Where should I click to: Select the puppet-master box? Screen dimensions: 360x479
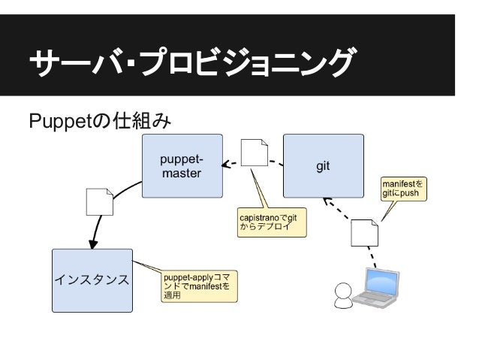[182, 167]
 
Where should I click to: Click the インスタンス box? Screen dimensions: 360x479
[92, 280]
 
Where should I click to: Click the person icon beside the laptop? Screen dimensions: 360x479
[342, 295]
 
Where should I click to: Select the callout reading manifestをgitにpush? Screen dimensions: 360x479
[403, 189]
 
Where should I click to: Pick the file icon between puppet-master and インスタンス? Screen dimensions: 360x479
[100, 201]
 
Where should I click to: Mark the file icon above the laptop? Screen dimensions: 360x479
[365, 233]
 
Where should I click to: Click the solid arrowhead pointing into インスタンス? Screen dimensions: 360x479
[93, 243]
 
